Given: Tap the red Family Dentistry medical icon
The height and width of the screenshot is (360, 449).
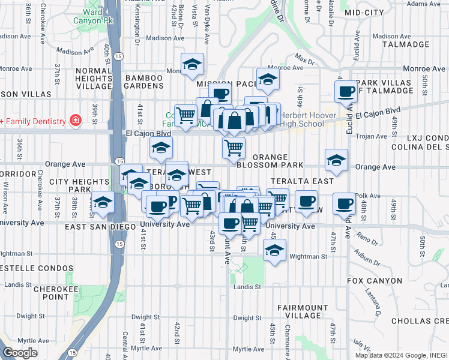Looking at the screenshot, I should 75,121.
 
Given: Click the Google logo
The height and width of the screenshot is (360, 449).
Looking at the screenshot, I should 20,353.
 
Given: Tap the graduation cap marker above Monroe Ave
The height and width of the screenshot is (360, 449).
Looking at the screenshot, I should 192,64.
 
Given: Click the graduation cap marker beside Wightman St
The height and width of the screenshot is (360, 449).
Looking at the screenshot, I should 274,250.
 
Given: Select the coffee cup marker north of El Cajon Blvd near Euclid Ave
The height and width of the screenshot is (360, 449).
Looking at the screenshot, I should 345,91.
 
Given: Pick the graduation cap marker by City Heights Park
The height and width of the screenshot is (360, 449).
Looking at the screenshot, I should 103,202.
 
